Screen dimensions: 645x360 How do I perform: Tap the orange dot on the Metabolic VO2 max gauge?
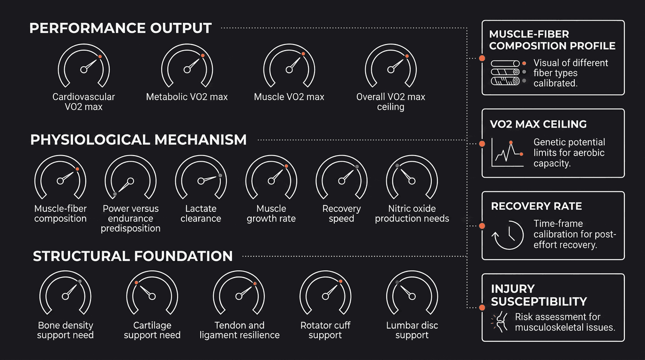click(x=202, y=56)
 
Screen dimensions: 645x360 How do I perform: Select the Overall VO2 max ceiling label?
click(x=391, y=102)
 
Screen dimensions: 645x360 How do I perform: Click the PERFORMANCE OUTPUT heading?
click(x=120, y=28)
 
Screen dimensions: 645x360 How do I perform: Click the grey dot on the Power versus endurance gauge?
click(x=115, y=194)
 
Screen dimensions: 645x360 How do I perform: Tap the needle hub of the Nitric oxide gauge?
click(x=412, y=181)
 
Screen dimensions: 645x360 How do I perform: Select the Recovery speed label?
click(x=342, y=213)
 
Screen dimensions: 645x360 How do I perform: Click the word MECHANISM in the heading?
click(x=201, y=140)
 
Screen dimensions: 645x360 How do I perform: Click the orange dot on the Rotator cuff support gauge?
click(x=341, y=281)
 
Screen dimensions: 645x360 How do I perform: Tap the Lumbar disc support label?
click(x=412, y=330)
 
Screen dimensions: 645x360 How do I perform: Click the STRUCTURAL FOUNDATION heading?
click(x=133, y=256)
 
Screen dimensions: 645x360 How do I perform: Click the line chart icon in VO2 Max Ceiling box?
click(x=507, y=152)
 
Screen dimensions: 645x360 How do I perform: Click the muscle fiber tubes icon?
click(x=505, y=73)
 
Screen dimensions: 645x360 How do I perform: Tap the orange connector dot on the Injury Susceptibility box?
click(x=482, y=307)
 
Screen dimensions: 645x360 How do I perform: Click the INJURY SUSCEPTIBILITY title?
click(x=539, y=295)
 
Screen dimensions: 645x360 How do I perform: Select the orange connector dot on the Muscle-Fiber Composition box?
click(x=482, y=58)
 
